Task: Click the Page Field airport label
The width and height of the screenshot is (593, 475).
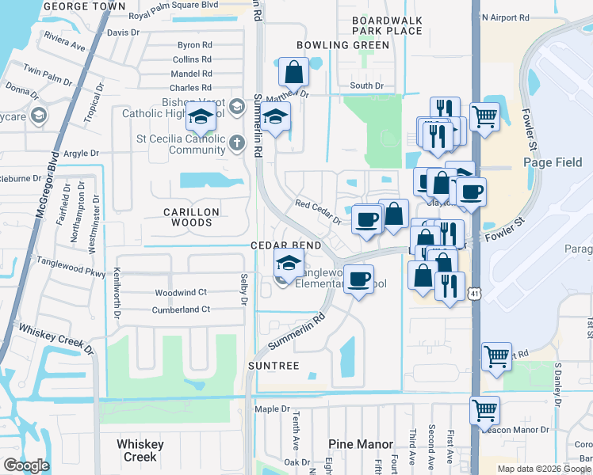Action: (553, 162)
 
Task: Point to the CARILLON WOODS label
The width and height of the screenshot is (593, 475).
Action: (187, 217)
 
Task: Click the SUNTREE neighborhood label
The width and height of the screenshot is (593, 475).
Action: (273, 366)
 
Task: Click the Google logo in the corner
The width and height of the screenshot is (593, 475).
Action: (26, 465)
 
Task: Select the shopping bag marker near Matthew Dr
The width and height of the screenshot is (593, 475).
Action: (293, 73)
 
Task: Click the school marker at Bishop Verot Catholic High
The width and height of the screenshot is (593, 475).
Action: (201, 118)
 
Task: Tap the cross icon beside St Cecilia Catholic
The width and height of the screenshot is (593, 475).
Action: (237, 143)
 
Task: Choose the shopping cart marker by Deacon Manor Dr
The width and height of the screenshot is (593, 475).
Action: (484, 411)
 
